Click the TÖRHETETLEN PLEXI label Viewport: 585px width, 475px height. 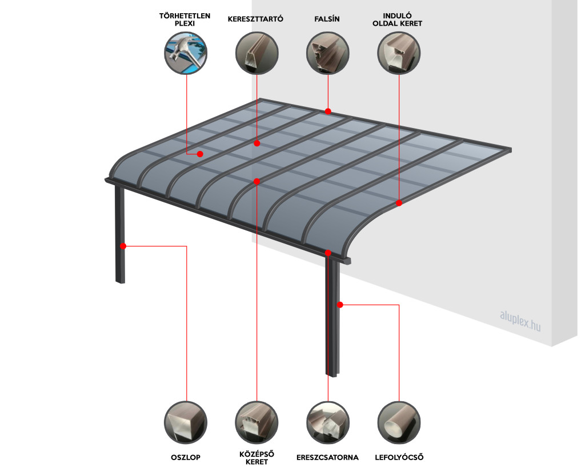click(185, 19)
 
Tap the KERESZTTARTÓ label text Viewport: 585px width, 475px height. click(255, 19)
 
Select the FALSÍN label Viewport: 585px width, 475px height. click(327, 19)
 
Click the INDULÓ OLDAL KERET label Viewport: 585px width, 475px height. click(398, 19)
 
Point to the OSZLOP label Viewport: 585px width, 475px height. click(186, 457)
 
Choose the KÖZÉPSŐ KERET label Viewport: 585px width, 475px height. click(257, 458)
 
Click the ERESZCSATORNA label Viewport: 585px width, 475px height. click(327, 457)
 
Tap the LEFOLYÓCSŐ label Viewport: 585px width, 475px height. click(399, 457)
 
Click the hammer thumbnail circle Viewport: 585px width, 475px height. click(186, 53)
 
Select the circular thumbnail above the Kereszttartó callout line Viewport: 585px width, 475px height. click(257, 53)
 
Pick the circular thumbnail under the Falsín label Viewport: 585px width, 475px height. click(327, 53)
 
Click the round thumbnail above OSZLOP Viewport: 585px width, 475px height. click(186, 423)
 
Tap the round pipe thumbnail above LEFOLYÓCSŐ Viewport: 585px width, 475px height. click(399, 423)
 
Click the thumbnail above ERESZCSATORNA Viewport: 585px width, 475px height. click(327, 423)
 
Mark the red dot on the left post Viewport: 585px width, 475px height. click(123, 246)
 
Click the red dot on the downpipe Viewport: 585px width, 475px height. click(340, 305)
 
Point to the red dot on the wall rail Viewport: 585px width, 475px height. click(328, 111)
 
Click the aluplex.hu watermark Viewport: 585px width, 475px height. click(520, 321)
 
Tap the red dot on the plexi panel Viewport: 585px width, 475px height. click(200, 154)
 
